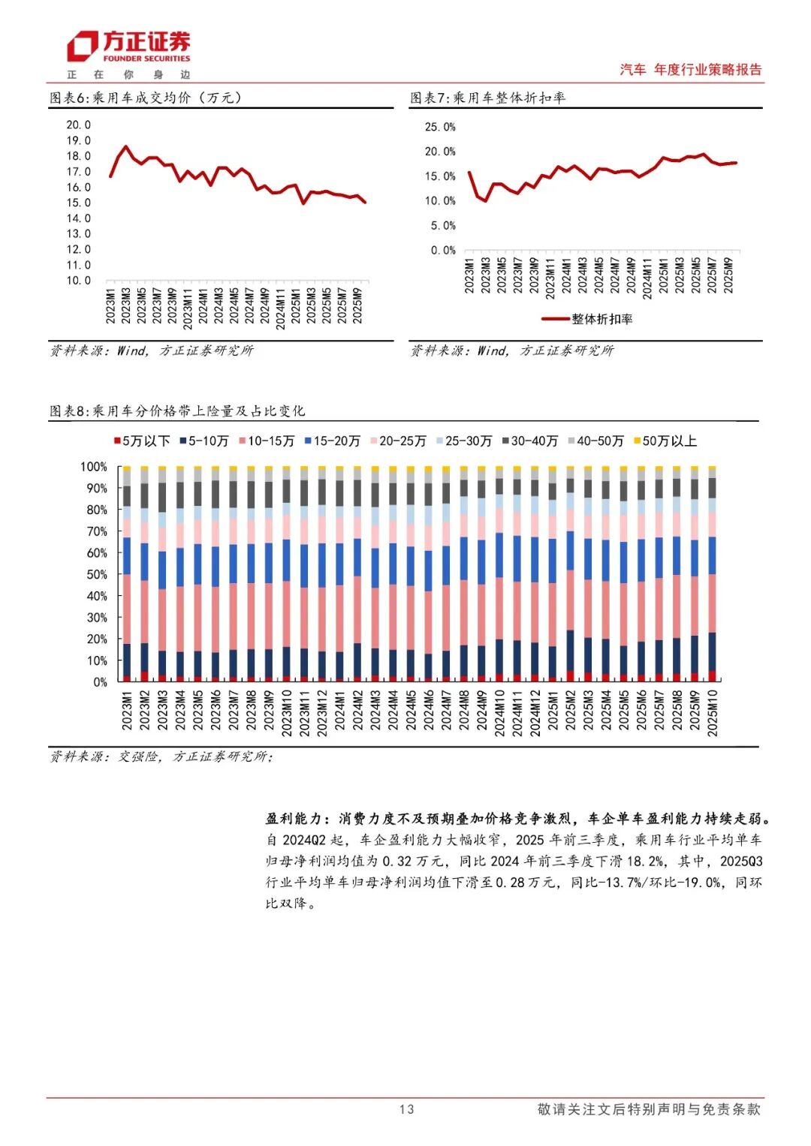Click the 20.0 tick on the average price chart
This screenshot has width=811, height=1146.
click(79, 125)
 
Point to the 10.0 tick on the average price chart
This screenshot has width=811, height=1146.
click(79, 281)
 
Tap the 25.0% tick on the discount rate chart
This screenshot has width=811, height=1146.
click(440, 128)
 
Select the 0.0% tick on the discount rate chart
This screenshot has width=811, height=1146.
click(443, 251)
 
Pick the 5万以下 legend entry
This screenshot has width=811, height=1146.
click(143, 441)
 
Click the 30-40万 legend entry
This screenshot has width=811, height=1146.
click(530, 441)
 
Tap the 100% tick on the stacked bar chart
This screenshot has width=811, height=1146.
click(94, 467)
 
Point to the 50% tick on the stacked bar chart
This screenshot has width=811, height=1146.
click(97, 575)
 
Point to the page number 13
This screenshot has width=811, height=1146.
click(406, 1109)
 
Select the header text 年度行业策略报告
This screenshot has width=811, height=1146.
click(707, 70)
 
